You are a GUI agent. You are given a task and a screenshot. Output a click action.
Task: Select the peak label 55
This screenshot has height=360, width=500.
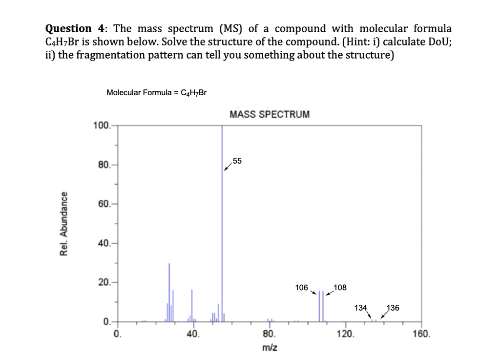coord(237,161)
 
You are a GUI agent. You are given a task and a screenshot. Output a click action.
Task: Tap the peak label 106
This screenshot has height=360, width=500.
coord(302,287)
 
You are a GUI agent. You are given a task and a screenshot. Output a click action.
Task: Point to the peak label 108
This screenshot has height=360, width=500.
coord(340,287)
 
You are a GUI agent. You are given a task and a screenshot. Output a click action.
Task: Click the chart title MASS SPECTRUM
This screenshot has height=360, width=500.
coord(269,115)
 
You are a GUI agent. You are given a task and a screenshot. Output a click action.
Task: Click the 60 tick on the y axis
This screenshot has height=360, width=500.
coord(104,204)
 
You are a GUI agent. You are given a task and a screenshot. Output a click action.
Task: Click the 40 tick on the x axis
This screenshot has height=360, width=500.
coord(192,335)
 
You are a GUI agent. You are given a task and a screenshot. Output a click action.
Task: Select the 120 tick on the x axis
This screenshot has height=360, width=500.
coord(345,335)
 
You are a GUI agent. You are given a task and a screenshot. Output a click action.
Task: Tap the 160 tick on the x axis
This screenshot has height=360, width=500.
coord(422,335)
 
